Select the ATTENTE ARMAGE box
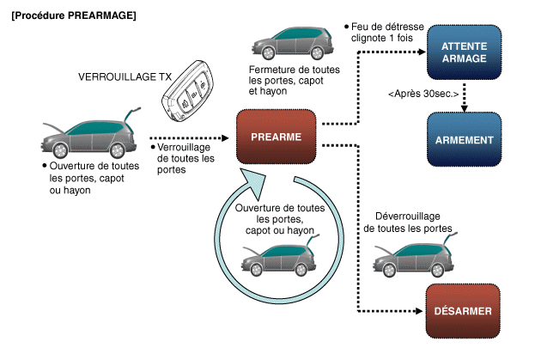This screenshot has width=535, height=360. (x=464, y=52)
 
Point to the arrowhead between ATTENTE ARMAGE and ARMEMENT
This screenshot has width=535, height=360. (x=465, y=107)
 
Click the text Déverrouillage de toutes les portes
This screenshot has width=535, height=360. (x=408, y=223)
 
